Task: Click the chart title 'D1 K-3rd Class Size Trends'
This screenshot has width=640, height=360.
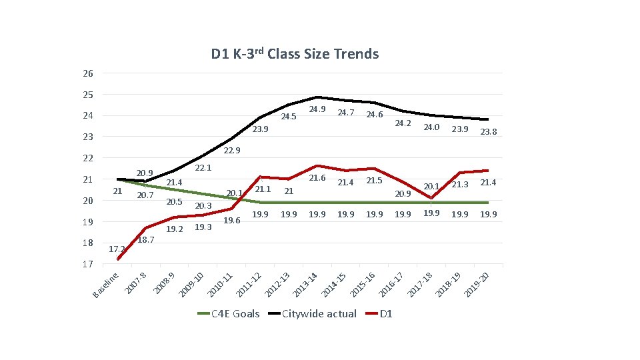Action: (x=295, y=54)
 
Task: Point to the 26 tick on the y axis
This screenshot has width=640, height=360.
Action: (x=88, y=73)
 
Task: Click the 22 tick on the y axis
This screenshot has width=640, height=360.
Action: (x=88, y=158)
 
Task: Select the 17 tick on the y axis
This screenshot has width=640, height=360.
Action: (x=88, y=265)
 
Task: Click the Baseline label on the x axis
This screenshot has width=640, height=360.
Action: (x=107, y=284)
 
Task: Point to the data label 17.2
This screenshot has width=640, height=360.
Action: (x=116, y=249)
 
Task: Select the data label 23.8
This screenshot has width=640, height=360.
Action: (x=489, y=132)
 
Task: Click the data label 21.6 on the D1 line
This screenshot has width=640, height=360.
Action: (x=317, y=178)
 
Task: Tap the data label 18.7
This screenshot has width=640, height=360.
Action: (x=145, y=239)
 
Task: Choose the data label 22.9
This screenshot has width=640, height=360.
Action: (x=231, y=151)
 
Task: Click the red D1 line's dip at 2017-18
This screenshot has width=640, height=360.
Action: (x=432, y=198)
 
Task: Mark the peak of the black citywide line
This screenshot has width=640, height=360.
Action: (x=317, y=97)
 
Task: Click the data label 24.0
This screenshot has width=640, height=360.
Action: (x=431, y=127)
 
